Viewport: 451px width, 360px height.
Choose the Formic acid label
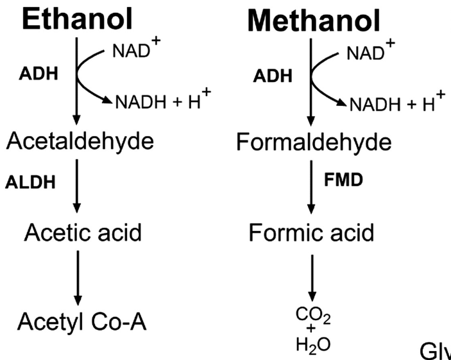311,232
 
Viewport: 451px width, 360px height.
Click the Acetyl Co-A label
81,320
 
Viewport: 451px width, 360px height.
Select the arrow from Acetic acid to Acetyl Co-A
78,277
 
